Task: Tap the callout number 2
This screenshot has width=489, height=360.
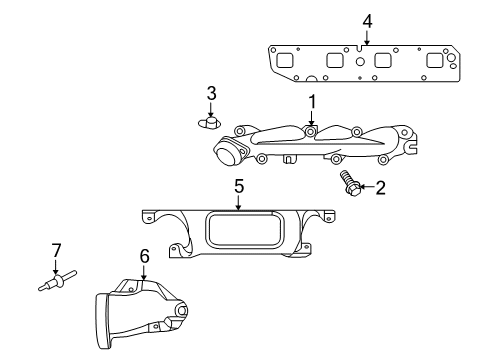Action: (x=380, y=187)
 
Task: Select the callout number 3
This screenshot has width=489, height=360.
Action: (x=211, y=93)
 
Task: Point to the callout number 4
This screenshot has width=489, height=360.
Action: (x=367, y=20)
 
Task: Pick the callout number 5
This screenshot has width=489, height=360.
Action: (x=239, y=186)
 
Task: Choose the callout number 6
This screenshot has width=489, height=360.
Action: (x=144, y=257)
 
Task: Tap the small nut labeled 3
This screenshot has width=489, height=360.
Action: (x=209, y=122)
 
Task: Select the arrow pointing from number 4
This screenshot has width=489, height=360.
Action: (x=367, y=38)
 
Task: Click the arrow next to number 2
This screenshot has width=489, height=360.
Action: (x=365, y=187)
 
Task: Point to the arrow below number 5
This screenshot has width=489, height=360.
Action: (x=239, y=203)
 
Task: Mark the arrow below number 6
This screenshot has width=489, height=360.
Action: (x=144, y=274)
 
